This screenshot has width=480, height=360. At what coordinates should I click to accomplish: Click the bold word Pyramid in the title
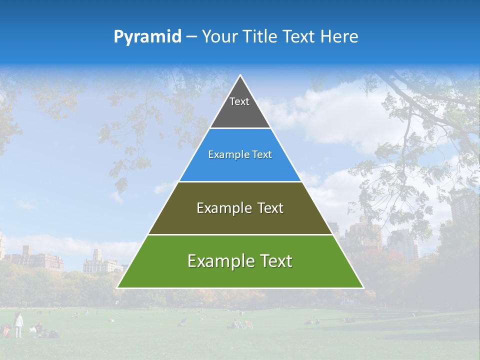pyautogui.click(x=147, y=37)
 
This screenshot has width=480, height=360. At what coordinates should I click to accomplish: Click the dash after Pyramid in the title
pyautogui.click(x=191, y=37)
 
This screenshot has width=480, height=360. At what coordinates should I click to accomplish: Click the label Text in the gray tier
pyautogui.click(x=239, y=101)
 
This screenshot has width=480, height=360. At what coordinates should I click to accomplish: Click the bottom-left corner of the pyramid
pyautogui.click(x=117, y=287)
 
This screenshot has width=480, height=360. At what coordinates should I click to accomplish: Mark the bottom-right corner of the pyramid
pyautogui.click(x=363, y=287)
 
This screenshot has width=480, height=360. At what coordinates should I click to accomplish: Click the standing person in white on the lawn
pyautogui.click(x=18, y=324)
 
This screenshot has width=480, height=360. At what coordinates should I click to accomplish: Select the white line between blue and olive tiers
pyautogui.click(x=240, y=181)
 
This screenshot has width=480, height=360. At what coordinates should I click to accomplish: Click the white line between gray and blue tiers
pyautogui.click(x=240, y=128)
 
